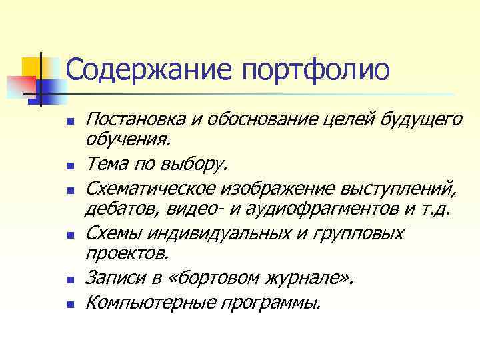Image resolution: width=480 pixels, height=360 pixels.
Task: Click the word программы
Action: (x=270, y=303)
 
